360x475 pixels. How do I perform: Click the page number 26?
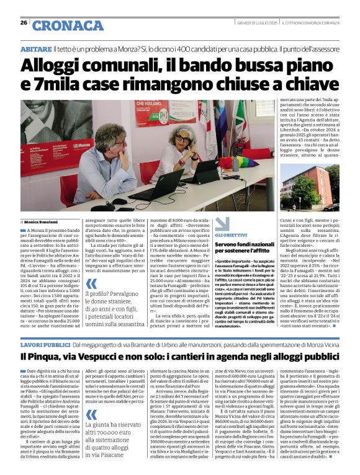(24, 23)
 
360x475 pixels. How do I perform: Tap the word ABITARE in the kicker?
(36, 48)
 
